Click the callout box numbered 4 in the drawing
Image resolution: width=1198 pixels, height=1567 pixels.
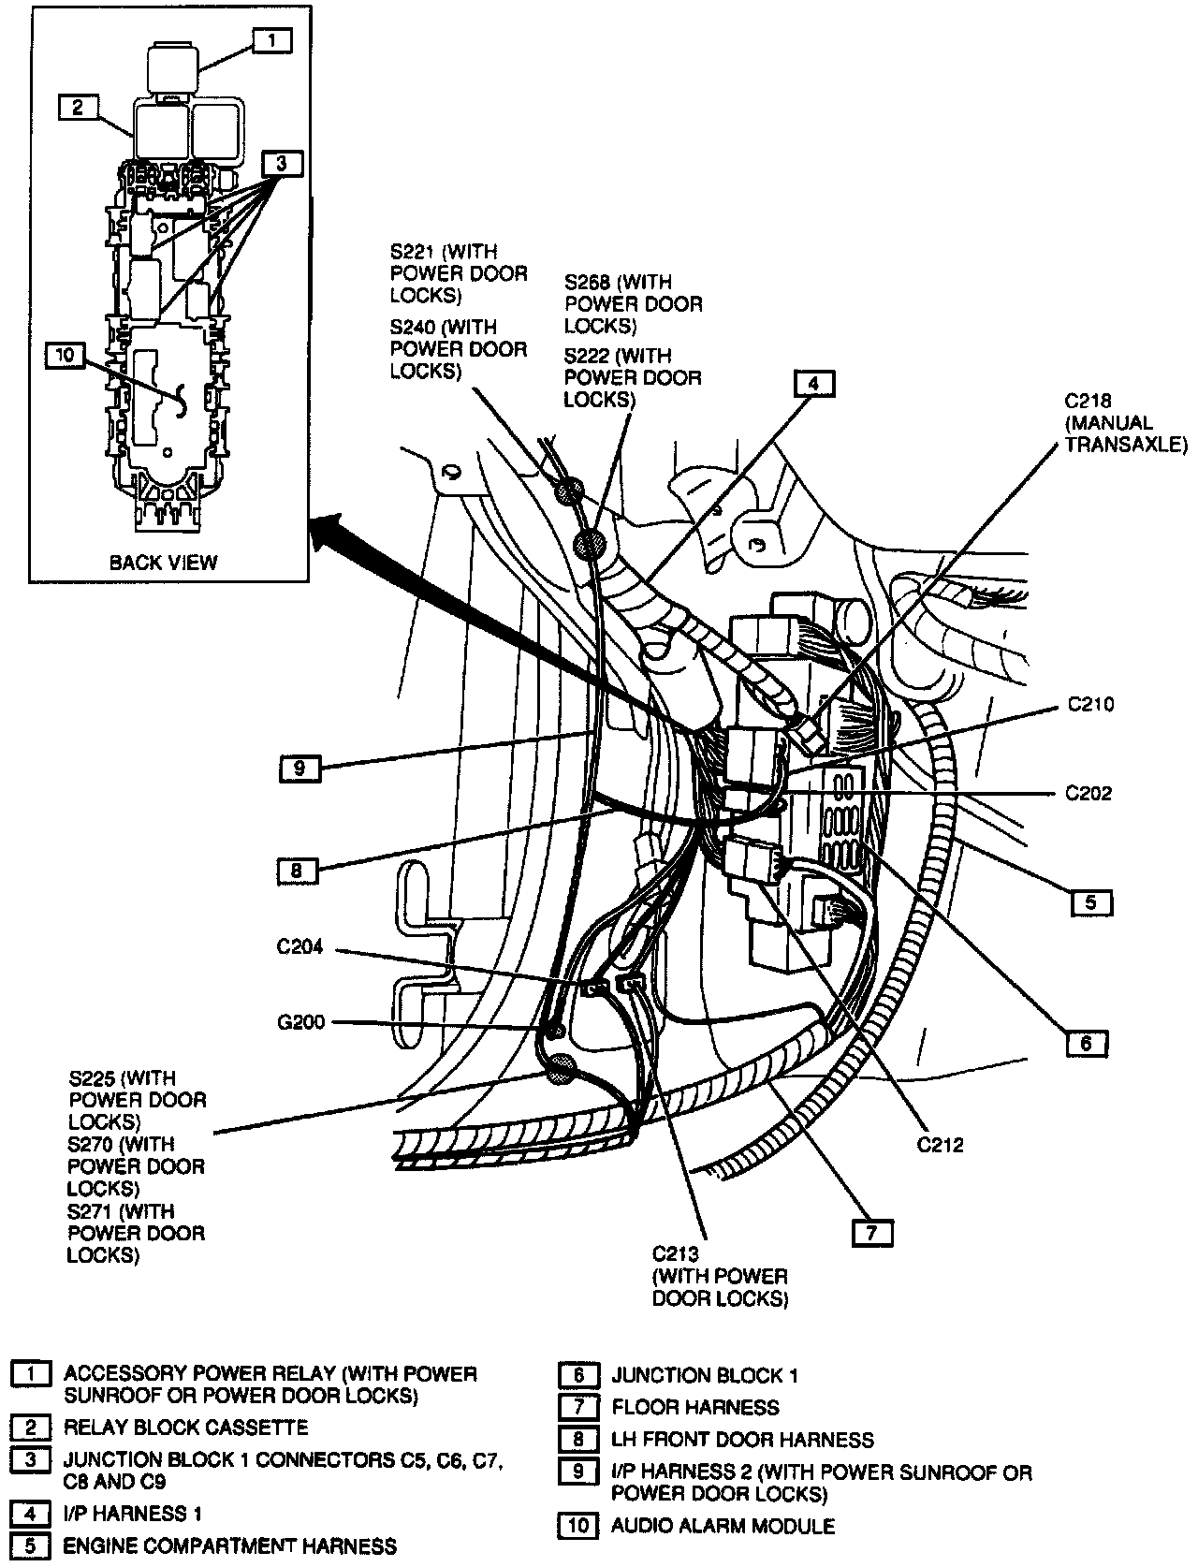(x=814, y=384)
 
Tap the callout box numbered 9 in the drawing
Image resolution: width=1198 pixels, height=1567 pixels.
(x=299, y=769)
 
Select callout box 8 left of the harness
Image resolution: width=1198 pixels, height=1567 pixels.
(x=297, y=871)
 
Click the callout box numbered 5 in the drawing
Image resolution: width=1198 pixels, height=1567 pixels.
(x=1091, y=903)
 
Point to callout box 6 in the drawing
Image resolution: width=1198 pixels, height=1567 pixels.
(x=1086, y=1043)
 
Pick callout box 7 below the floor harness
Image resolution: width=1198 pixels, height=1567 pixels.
(x=872, y=1233)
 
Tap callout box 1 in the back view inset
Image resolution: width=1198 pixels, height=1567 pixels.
(x=270, y=40)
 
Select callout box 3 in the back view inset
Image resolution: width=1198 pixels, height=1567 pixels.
(x=282, y=163)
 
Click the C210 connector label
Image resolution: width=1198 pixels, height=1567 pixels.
(x=1090, y=705)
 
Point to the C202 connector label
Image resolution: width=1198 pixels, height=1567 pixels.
(x=1088, y=794)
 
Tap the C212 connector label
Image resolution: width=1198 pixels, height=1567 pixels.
(x=941, y=1144)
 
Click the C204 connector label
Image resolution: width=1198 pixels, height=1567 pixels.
(x=299, y=947)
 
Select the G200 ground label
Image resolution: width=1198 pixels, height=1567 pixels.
(x=300, y=1023)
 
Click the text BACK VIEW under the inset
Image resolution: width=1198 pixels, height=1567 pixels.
(x=163, y=563)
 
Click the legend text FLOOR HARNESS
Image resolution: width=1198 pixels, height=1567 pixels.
(x=695, y=1407)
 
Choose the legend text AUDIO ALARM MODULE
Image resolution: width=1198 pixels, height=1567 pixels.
(x=723, y=1526)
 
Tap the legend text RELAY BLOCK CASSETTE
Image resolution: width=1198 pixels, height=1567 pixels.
(x=185, y=1428)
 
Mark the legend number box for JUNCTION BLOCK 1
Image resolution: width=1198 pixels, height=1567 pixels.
(x=578, y=1375)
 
